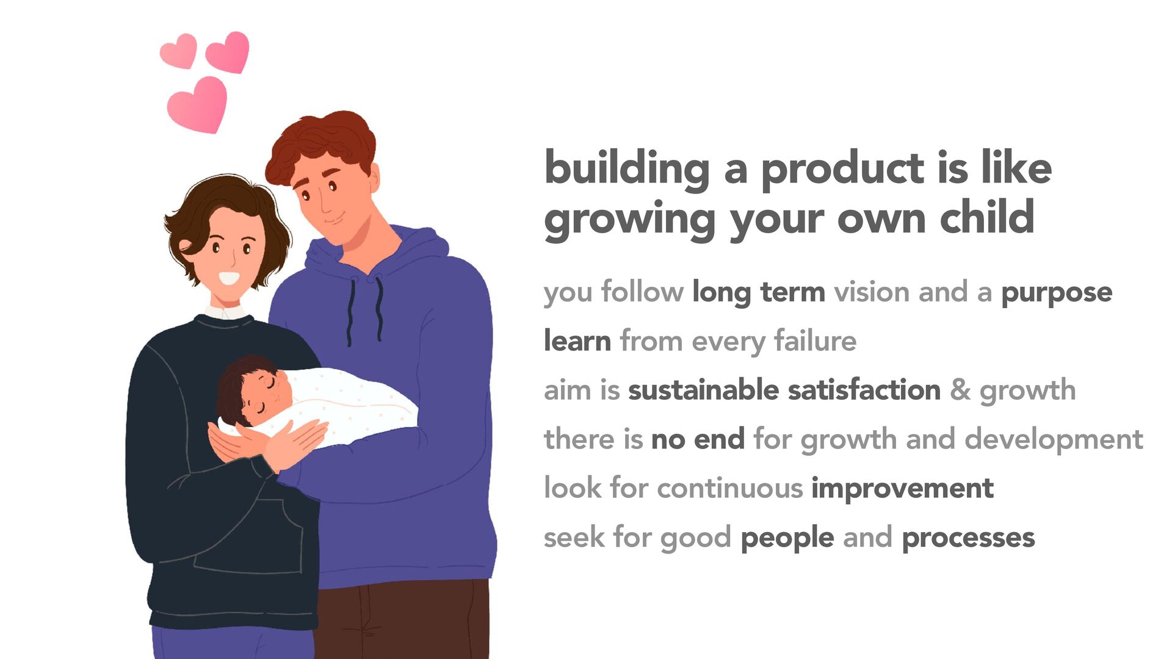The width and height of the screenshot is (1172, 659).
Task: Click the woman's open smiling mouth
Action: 229,278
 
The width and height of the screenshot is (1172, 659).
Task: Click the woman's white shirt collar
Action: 226,312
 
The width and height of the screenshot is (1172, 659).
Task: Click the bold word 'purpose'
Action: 1057,293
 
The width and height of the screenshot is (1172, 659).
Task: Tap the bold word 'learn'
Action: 577,340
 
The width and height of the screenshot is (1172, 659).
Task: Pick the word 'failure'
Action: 815,340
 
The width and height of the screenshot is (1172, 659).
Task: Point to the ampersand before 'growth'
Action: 960,390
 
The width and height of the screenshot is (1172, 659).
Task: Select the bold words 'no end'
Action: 698,439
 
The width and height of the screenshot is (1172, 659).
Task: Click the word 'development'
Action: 1054,439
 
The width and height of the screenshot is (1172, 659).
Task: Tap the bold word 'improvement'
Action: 902,488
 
